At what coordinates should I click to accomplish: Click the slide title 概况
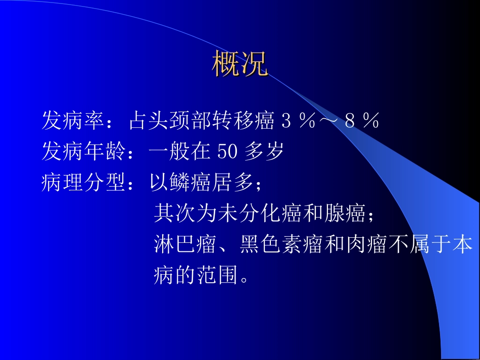[239, 64]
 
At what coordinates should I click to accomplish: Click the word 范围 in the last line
[217, 276]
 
